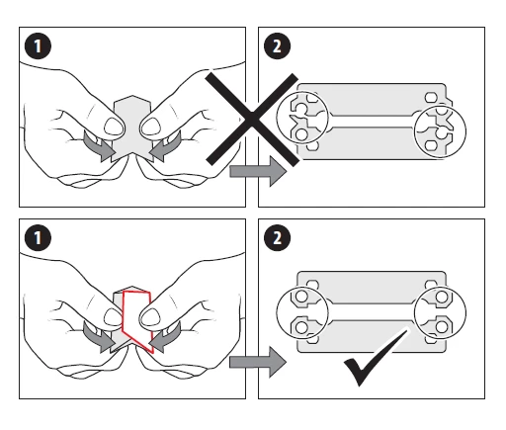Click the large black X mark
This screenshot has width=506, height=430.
(x=253, y=120)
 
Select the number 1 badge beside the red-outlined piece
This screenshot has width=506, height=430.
(x=38, y=237)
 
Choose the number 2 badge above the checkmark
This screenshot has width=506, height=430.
(x=278, y=237)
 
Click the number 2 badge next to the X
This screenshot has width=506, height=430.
(x=278, y=46)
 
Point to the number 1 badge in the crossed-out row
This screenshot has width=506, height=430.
(x=38, y=46)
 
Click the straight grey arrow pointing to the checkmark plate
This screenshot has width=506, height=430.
(x=258, y=362)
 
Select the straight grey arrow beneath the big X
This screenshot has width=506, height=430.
(x=258, y=171)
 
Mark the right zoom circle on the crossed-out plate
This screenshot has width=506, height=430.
(x=465, y=131)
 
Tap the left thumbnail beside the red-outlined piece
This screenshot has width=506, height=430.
(x=113, y=317)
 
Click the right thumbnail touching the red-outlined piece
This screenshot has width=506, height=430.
(x=150, y=317)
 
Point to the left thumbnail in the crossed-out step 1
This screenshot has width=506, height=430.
(x=115, y=127)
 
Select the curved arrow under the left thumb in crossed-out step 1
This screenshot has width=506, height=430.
(x=97, y=146)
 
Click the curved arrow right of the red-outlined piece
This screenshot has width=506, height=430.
(x=167, y=337)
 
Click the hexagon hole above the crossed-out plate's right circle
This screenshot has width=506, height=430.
(x=431, y=98)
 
